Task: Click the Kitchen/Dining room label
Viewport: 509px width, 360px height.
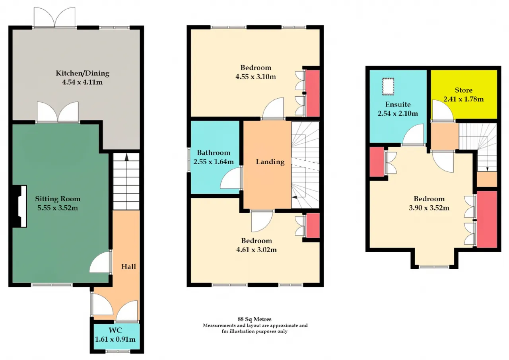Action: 82,73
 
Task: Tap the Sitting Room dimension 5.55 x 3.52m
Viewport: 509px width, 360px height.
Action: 58,208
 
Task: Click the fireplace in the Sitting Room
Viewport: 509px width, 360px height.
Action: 19,206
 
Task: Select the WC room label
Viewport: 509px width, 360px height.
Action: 115,330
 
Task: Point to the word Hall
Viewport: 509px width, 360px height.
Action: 128,267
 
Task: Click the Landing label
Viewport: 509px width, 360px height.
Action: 270,162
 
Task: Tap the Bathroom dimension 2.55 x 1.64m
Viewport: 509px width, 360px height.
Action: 214,162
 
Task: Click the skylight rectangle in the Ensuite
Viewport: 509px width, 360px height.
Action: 388,87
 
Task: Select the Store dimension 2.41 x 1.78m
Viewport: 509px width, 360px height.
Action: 464,99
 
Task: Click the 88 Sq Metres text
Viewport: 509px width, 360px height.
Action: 254,319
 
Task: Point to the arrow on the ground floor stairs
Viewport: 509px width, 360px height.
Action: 126,157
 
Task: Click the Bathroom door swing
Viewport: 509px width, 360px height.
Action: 231,178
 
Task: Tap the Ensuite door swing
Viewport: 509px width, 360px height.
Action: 413,134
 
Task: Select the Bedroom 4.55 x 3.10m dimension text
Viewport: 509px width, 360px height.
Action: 256,77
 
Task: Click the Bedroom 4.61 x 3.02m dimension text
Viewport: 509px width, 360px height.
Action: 256,250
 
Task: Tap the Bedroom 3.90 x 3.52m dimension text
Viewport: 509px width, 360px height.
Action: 429,208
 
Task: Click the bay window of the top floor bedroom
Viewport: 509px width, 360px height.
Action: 434,267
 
